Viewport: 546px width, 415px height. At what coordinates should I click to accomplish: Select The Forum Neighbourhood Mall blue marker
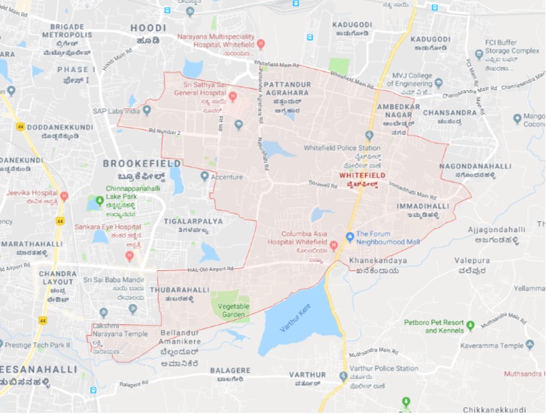(x=349, y=236)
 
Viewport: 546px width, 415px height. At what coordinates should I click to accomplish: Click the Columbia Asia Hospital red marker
(x=334, y=245)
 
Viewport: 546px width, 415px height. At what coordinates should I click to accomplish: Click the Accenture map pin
(x=205, y=176)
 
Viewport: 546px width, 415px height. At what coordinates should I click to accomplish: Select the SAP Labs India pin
(x=147, y=110)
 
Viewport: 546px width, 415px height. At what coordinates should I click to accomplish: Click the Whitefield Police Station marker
(x=369, y=135)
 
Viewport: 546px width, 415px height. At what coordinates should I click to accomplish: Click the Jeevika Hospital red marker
(x=64, y=195)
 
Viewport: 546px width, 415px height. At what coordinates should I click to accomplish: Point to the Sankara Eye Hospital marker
(x=130, y=255)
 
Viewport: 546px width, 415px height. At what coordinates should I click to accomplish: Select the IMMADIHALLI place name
(x=423, y=206)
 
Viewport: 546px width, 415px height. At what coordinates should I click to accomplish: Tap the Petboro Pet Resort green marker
(x=470, y=325)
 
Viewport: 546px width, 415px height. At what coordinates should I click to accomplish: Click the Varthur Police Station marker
(x=343, y=376)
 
